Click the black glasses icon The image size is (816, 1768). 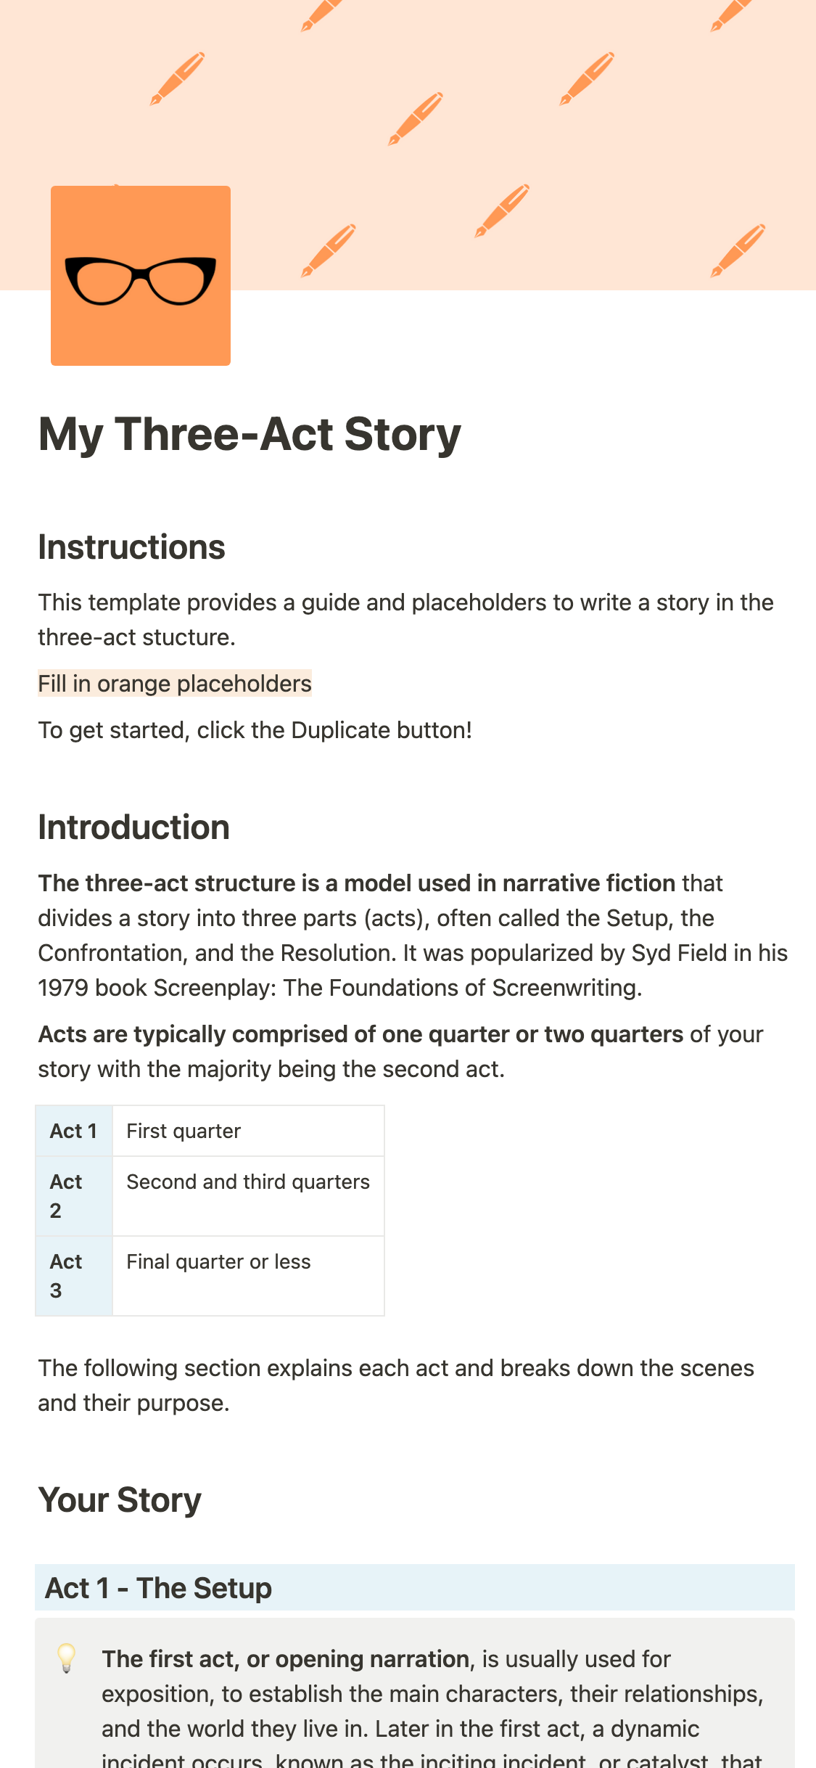coord(141,279)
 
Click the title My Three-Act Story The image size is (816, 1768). coord(250,435)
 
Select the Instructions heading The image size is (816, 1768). coord(131,547)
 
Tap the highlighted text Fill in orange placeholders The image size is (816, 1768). coord(175,684)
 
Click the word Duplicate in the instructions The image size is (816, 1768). coord(330,730)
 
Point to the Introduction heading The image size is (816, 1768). coord(133,827)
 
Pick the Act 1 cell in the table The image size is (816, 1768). coord(73,1131)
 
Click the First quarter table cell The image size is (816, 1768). coord(184,1131)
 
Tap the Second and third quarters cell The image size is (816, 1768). coord(248,1182)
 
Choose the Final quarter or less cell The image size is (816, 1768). coord(218,1262)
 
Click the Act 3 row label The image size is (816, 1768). coord(65,1276)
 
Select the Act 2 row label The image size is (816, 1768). coord(65,1196)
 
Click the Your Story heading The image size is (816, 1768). coord(120,1500)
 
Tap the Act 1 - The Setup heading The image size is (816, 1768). coord(158,1588)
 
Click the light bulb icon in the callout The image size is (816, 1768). coord(67,1658)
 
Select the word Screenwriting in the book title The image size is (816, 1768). coord(566,988)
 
